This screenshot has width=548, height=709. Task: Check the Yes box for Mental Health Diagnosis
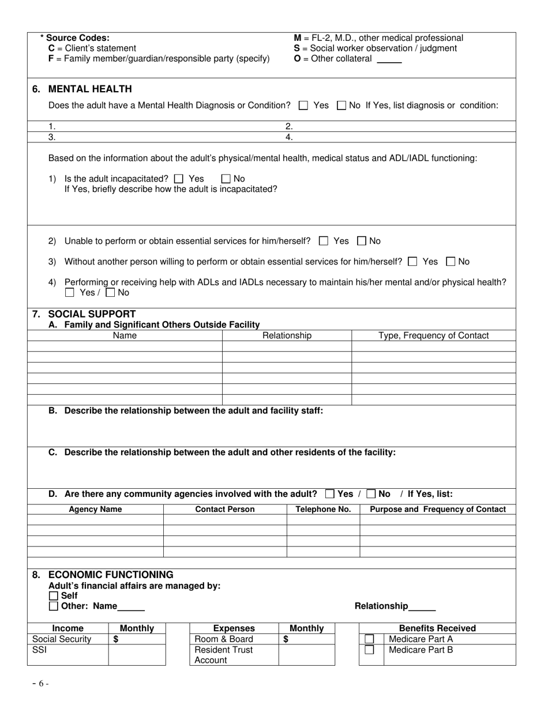(303, 105)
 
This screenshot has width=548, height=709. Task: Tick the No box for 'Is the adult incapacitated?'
(226, 179)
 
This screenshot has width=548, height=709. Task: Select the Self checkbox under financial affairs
(54, 596)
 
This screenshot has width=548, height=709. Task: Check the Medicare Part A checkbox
(369, 639)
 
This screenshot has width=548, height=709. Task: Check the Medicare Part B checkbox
(369, 650)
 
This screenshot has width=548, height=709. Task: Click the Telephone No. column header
(323, 510)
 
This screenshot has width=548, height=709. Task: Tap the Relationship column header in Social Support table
(287, 335)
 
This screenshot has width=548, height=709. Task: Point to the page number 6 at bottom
(40, 684)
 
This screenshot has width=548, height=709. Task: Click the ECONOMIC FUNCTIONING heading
(110, 575)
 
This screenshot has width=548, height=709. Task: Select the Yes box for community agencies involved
(329, 494)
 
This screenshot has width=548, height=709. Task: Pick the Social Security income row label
(62, 639)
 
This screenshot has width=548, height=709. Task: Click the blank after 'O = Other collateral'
(389, 59)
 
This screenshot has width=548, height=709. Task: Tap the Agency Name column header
(95, 510)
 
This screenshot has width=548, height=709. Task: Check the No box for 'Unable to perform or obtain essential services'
(362, 241)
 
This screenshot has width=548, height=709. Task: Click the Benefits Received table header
(437, 628)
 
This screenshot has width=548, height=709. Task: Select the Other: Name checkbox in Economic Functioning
(54, 606)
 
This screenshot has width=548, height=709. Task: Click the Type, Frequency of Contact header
(433, 335)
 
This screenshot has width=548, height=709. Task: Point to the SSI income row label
(40, 650)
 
